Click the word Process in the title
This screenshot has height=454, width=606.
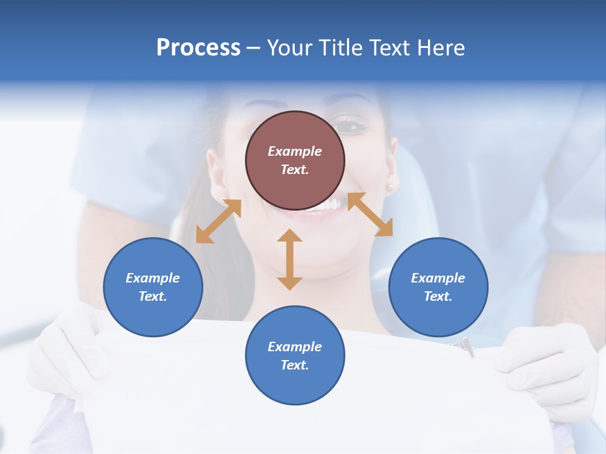(x=198, y=48)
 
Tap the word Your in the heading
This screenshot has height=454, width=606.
(x=290, y=48)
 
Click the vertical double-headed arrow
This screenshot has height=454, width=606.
(x=290, y=259)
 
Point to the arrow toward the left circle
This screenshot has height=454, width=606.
(x=218, y=221)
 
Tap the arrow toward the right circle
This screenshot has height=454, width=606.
(x=370, y=214)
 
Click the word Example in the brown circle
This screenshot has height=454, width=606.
(x=295, y=151)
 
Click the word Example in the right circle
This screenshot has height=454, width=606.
(x=438, y=278)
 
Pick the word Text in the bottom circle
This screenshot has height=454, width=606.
(x=294, y=365)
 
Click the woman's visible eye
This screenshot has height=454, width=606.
(x=352, y=125)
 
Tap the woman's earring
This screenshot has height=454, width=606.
(x=389, y=187)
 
